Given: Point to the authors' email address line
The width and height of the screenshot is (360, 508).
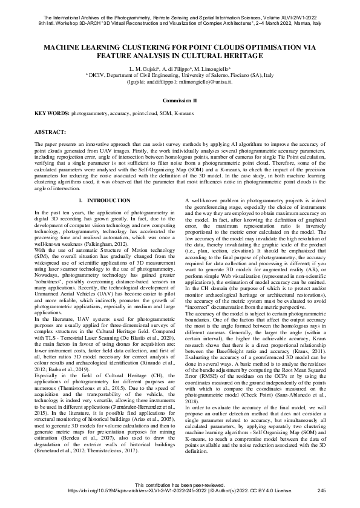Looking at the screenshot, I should click(180, 81).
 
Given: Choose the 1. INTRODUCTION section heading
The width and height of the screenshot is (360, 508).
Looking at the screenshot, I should click(100, 200).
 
